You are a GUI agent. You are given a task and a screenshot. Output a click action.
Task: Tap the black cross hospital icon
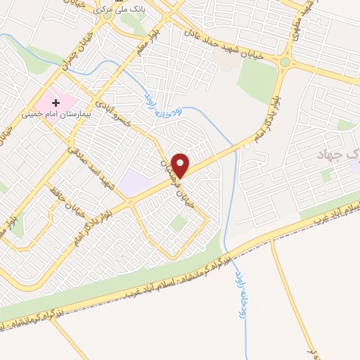pyautogui.click(x=56, y=103)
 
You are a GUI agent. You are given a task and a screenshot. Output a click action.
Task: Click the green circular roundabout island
pyautogui.click(x=285, y=62)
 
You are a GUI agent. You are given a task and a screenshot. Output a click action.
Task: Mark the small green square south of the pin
pyautogui.click(x=180, y=223)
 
